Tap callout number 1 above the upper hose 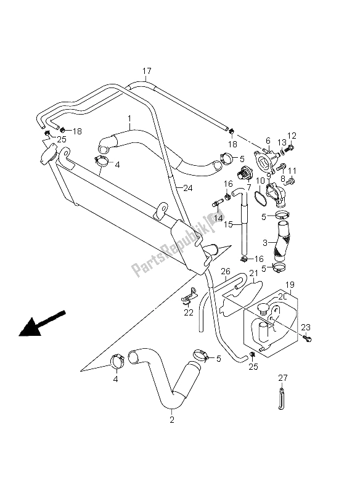click(x=129, y=118)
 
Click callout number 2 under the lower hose click(x=172, y=421)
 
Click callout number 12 click(x=292, y=135)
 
